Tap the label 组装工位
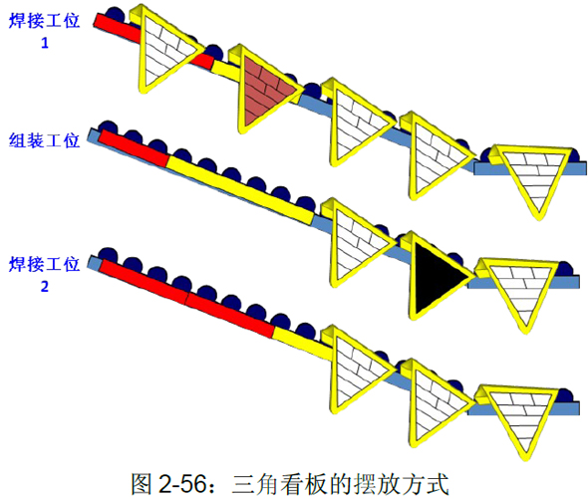[44, 141]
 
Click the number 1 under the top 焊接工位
[45, 43]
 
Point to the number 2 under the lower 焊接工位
[45, 287]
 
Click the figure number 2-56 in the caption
[182, 484]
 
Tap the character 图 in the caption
[142, 484]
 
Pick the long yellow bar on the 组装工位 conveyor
[240, 190]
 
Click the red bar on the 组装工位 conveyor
[134, 147]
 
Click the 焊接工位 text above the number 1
[44, 21]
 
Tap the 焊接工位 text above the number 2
[44, 264]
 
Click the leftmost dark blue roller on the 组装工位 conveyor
[108, 126]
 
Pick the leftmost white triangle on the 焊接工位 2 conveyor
[356, 370]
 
